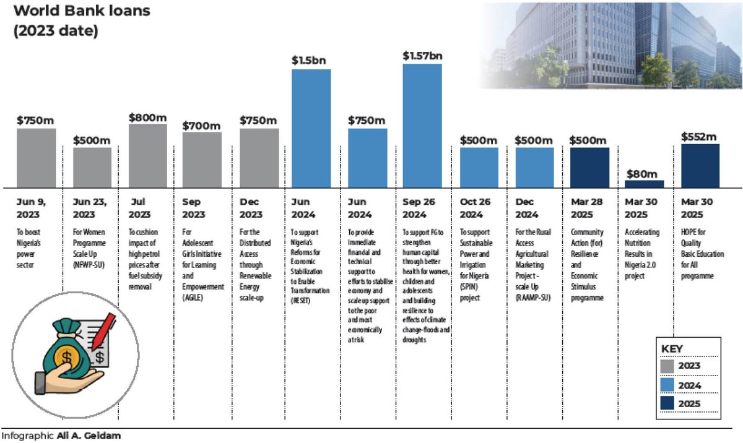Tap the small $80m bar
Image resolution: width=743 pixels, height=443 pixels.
644,184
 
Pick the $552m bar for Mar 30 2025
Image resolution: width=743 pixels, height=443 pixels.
700,166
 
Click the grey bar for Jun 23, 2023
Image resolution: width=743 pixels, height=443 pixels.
92,167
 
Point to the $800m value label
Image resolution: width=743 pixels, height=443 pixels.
147,117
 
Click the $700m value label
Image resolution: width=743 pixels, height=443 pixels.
201,126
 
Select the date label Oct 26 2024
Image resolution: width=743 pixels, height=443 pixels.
477,209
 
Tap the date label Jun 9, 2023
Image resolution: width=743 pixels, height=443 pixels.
31,209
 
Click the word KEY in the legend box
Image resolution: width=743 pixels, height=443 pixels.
672,348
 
